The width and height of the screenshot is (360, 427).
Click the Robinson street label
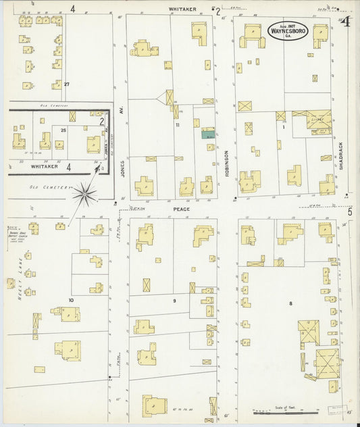point(228,164)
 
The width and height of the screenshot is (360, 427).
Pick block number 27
point(67,84)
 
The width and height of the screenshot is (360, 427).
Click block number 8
point(291,303)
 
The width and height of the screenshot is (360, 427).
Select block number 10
point(70,299)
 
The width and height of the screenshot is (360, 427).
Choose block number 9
point(174,300)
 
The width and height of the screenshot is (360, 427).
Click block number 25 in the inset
point(63,129)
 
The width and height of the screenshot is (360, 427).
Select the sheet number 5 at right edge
point(350,212)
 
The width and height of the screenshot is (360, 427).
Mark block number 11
point(178,125)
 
